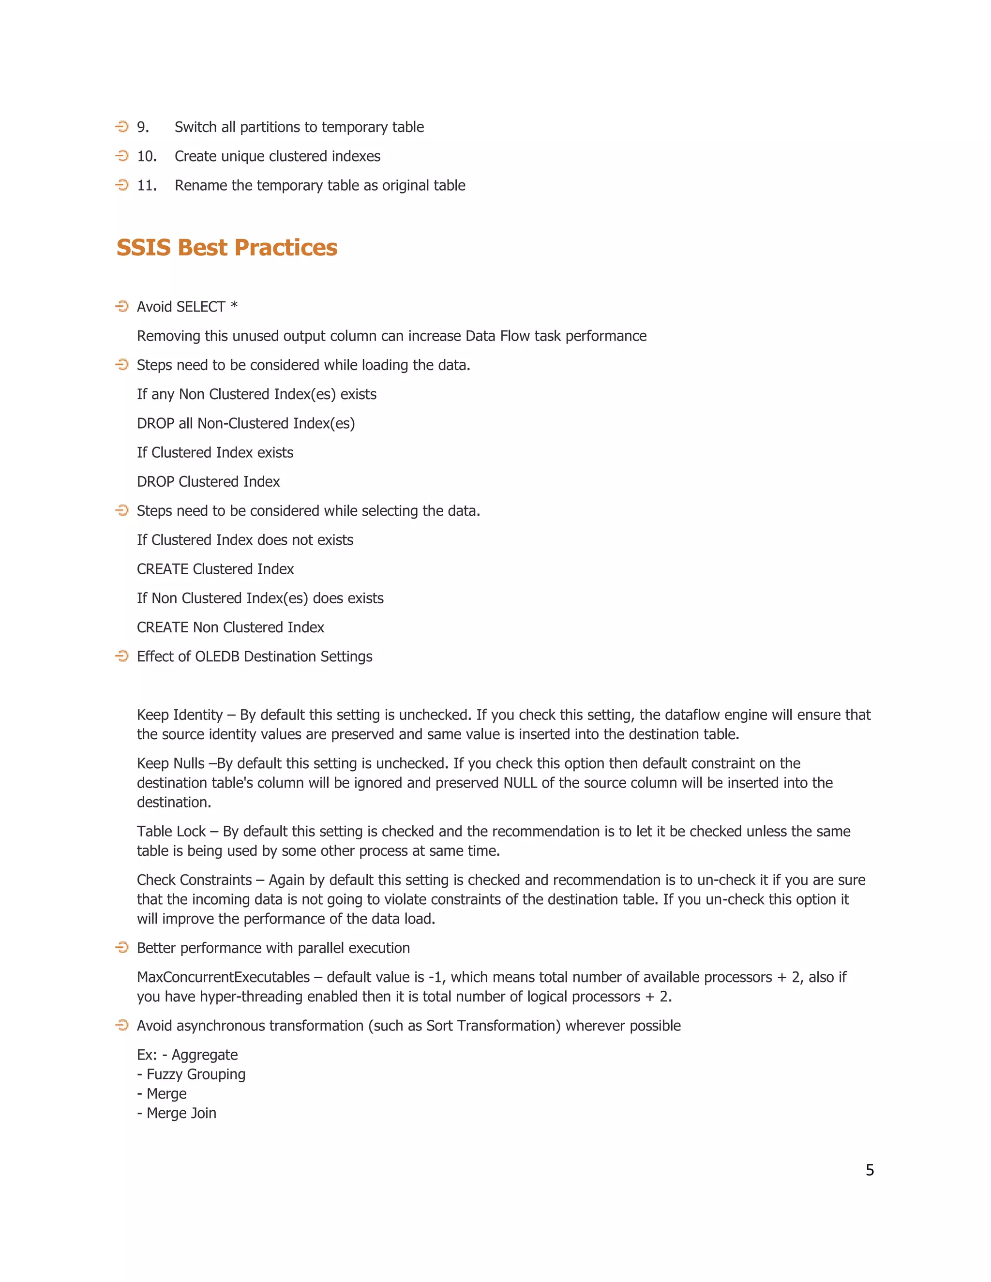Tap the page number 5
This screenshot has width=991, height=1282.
click(870, 1170)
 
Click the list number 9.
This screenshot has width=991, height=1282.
click(143, 127)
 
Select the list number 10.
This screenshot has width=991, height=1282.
click(147, 156)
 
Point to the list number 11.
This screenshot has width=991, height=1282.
click(147, 185)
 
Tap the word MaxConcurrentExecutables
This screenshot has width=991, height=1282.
click(223, 977)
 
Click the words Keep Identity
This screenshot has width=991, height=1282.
click(179, 715)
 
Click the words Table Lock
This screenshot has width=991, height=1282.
click(171, 831)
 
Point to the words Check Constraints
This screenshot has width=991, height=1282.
click(194, 880)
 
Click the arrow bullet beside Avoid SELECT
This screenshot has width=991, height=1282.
click(122, 306)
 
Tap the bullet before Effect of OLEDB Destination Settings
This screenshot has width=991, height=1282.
click(122, 656)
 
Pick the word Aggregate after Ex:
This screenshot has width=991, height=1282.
click(204, 1055)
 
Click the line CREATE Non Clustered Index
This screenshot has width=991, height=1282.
click(230, 627)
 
